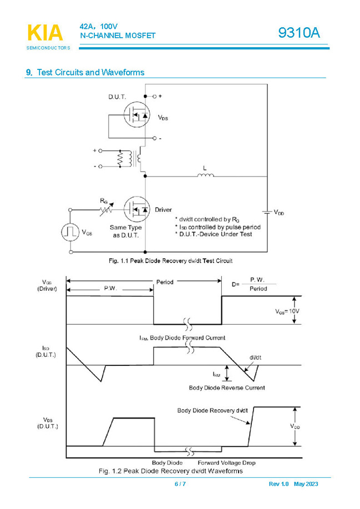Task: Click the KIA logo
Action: pos(45,34)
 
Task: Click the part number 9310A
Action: pos(299,34)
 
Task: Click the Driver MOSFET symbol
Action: pos(136,210)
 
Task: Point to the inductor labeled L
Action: pos(205,176)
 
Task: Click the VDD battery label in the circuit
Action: pos(279,214)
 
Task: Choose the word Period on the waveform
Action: pos(165,282)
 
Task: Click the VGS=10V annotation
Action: pos(287,312)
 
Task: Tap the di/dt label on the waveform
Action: pos(255,357)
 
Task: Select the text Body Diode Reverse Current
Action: pos(227,387)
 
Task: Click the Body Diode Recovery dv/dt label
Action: pos(212,410)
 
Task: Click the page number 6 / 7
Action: pos(180,485)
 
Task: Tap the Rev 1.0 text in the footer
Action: pos(278,485)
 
